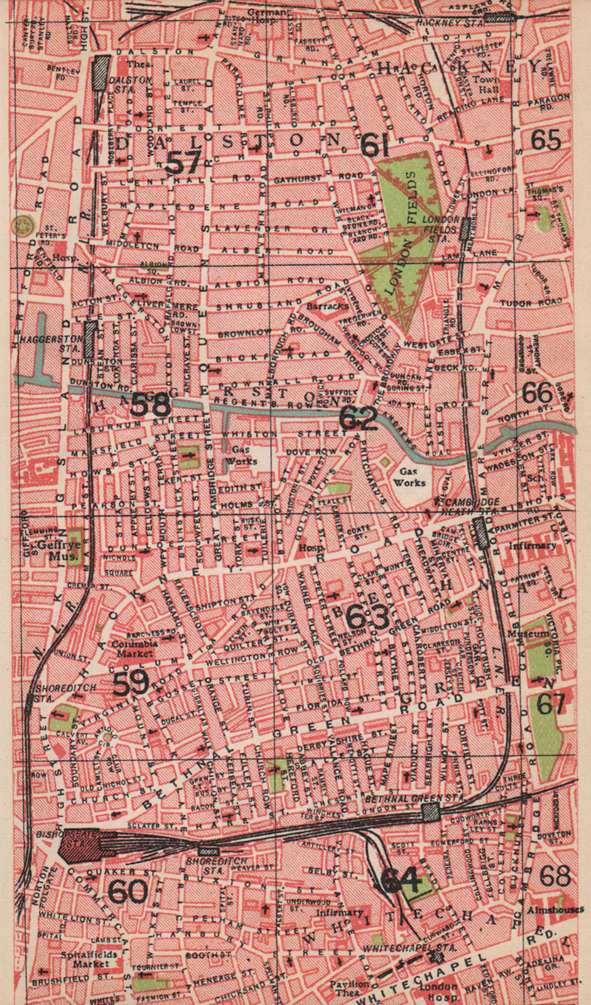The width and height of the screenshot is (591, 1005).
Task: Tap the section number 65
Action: (x=545, y=139)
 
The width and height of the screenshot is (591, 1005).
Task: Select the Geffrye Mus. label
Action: (x=57, y=550)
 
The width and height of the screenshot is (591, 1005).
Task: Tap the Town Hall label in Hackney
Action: (x=486, y=85)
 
